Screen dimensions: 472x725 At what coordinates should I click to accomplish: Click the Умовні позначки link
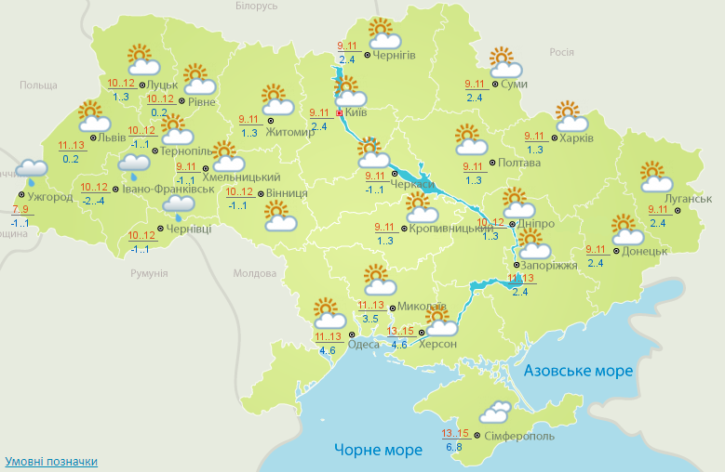[51, 461]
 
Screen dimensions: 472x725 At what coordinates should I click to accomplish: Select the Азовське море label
[578, 371]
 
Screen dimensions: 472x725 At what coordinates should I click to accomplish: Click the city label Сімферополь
[519, 436]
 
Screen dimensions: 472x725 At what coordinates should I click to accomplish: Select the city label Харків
[576, 138]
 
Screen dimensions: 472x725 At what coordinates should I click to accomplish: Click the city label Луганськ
[690, 199]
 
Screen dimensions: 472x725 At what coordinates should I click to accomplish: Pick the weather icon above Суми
[504, 63]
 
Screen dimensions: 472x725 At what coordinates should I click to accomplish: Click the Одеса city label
[363, 344]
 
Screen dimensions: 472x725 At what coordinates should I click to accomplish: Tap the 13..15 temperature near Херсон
[401, 331]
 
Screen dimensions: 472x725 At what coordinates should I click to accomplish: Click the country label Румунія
[149, 274]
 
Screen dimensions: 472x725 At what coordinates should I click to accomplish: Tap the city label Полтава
[519, 163]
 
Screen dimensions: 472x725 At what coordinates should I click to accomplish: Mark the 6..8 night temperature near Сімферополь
[454, 447]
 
